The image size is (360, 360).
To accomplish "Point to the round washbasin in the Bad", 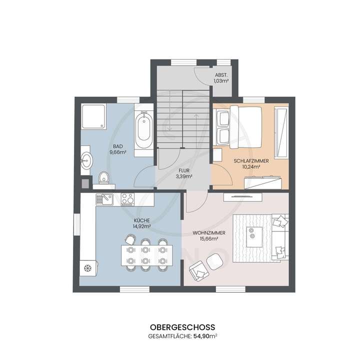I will pos(86,160).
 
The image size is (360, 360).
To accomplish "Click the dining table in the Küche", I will pos(146,254).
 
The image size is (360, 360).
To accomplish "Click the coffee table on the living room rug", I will pos(256,233).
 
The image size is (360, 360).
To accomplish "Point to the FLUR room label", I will pos(184,170).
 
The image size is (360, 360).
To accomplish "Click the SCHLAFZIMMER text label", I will pos(251,160).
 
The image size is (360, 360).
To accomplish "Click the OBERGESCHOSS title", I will pos(179,325).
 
